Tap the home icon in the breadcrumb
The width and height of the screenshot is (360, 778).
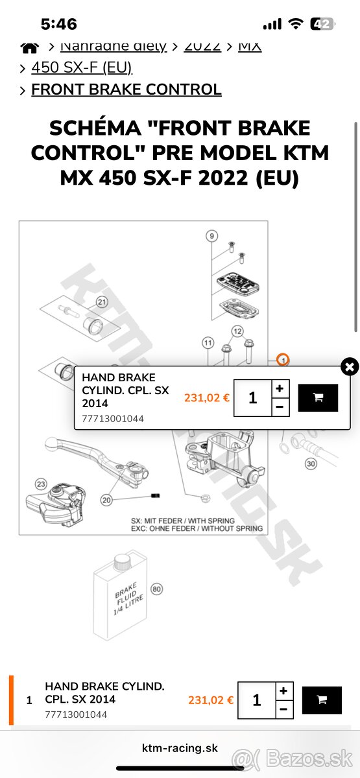(x=29, y=47)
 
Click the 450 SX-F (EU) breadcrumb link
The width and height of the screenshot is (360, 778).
(x=81, y=67)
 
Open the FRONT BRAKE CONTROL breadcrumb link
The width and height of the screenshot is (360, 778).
(x=126, y=89)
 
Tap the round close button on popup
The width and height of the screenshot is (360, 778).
(x=350, y=367)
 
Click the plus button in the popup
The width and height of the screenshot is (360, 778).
(x=279, y=388)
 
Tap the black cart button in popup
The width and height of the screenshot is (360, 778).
(x=318, y=397)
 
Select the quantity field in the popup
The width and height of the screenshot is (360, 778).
(x=252, y=397)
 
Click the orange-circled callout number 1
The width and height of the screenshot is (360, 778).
(x=282, y=359)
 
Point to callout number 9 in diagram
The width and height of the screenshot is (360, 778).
(x=211, y=235)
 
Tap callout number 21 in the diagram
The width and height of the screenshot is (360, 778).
(x=101, y=301)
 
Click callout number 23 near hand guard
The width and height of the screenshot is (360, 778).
(x=41, y=484)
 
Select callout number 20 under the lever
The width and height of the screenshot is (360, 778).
(x=106, y=500)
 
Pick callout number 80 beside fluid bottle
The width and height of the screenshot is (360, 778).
(x=156, y=589)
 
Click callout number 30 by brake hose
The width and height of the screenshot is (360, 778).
(x=311, y=464)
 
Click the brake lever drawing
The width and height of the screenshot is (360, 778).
(x=84, y=454)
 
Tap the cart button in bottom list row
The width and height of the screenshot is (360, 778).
(x=322, y=700)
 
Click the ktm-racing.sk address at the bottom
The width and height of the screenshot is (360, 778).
(x=180, y=748)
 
